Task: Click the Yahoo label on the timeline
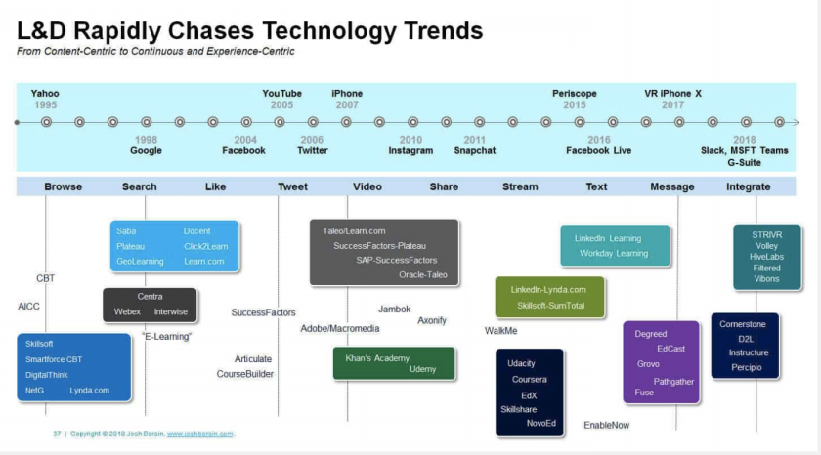45,93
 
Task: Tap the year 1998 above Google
146,140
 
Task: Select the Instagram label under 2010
410,150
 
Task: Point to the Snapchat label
474,150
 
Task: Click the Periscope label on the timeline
575,93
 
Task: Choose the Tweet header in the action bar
292,186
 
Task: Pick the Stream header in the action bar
520,186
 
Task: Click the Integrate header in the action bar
749,186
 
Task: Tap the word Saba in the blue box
126,231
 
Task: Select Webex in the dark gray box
127,311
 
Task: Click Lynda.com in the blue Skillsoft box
90,391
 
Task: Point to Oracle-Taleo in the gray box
423,274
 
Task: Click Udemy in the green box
422,369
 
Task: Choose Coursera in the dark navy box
530,379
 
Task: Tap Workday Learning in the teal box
614,253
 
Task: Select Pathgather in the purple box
673,382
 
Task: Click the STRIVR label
767,234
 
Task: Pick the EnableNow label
606,425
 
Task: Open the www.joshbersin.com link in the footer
200,434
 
